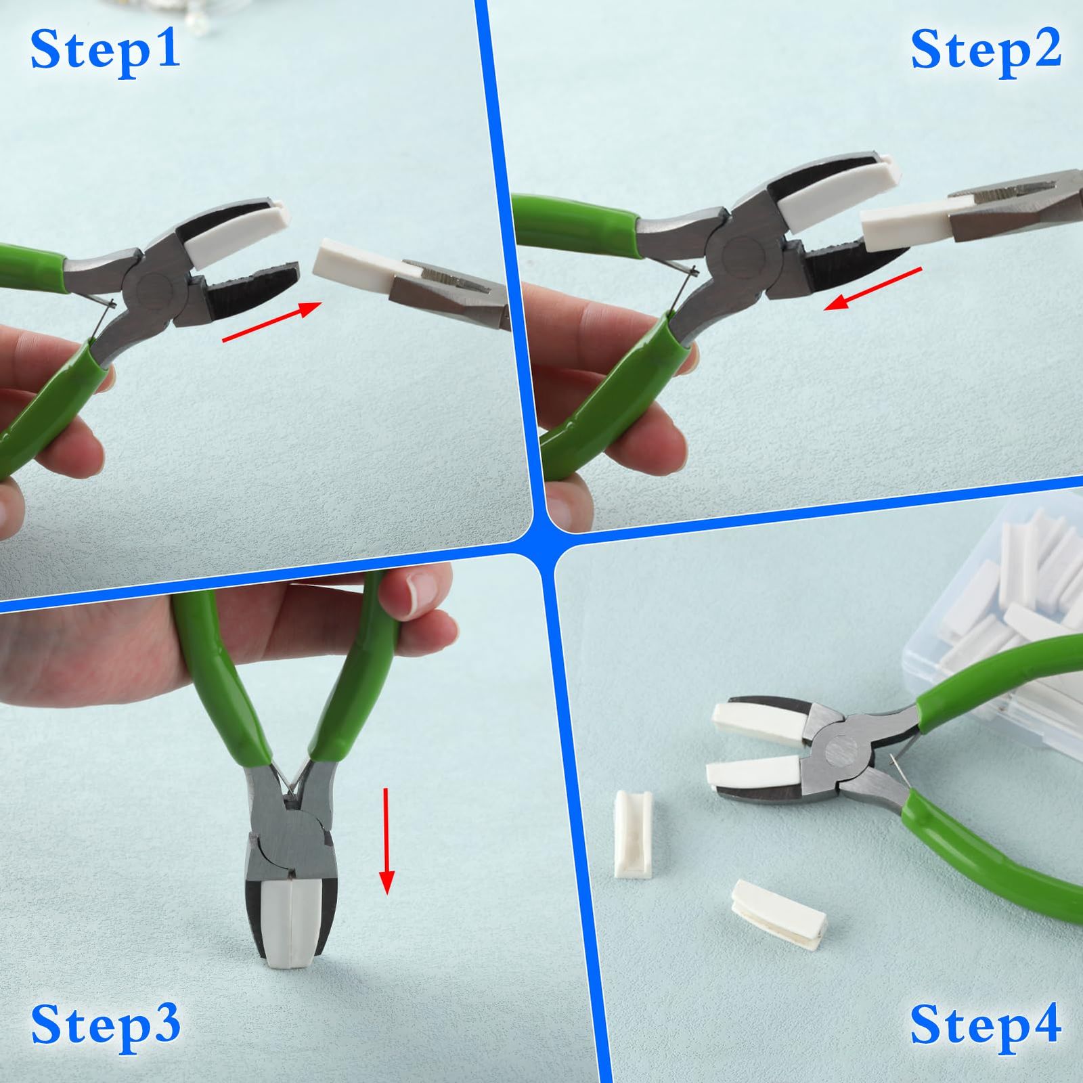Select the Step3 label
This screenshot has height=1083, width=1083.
pyautogui.click(x=106, y=1025)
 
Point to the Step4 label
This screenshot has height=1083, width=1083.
pyautogui.click(x=986, y=1025)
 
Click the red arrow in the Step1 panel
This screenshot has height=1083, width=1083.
pyautogui.click(x=271, y=322)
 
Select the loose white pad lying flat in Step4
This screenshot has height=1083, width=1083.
pyautogui.click(x=778, y=913)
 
